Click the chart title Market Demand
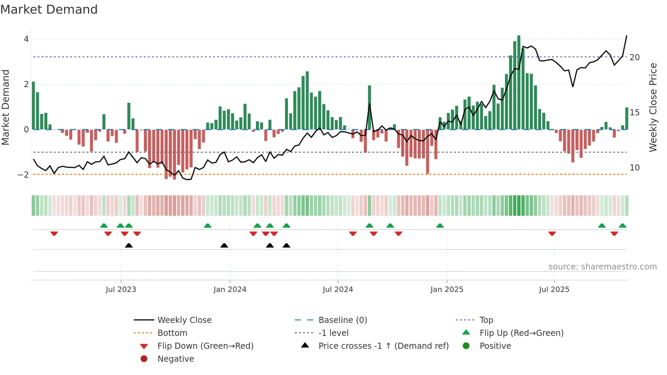click(x=49, y=10)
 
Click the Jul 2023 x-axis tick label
click(x=121, y=290)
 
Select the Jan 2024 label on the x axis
click(x=230, y=290)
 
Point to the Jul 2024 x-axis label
click(x=338, y=290)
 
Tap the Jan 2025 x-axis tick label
click(x=447, y=290)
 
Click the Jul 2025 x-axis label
click(x=554, y=290)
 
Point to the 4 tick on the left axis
click(x=26, y=39)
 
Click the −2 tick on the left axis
click(x=23, y=175)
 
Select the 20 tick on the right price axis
click(x=635, y=58)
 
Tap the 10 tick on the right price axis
click(x=635, y=168)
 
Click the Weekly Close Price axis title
click(x=653, y=107)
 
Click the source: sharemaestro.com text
click(x=602, y=267)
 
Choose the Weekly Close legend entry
click(x=184, y=320)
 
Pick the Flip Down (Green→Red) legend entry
click(x=205, y=346)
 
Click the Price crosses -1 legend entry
click(x=384, y=346)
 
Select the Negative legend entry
click(x=176, y=359)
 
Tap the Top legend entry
click(x=486, y=320)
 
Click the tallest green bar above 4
click(x=519, y=82)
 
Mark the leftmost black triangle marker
click(x=129, y=245)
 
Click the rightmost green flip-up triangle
click(x=622, y=226)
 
